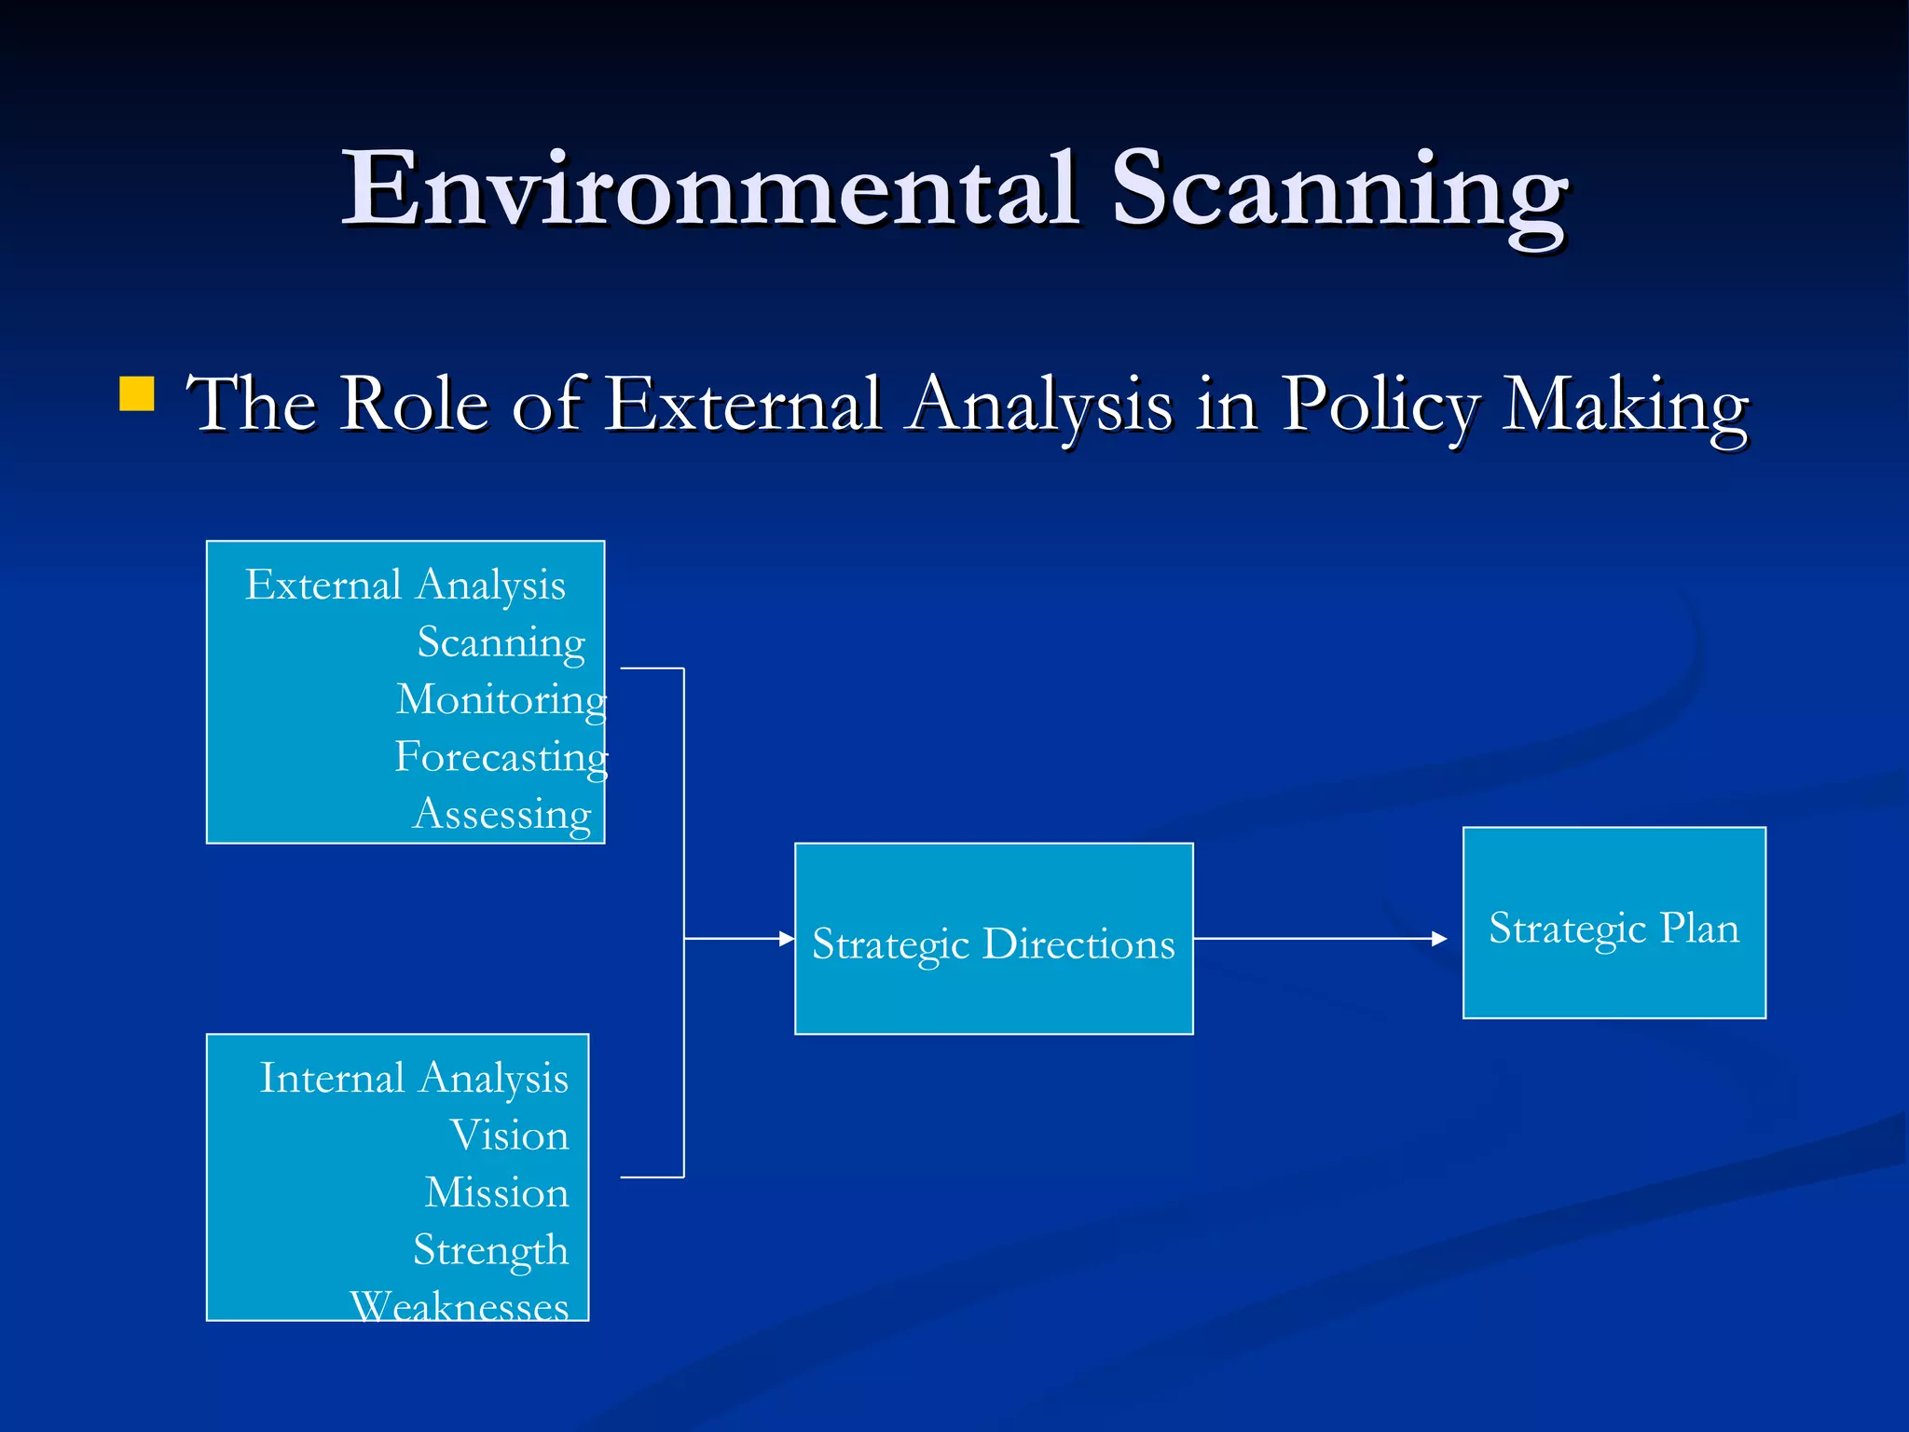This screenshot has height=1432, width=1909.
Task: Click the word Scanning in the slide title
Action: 1339,192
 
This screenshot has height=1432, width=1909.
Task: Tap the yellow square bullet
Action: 137,393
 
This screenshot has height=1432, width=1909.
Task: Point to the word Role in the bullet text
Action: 414,405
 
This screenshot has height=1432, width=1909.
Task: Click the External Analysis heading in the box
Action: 405,585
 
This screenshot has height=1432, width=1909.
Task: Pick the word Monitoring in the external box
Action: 501,700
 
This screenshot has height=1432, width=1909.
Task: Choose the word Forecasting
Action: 501,757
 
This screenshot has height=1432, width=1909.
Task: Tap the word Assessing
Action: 501,814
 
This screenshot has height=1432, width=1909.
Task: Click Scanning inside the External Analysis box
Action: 501,642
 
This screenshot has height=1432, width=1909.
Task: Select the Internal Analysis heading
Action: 414,1079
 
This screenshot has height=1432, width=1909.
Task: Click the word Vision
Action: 509,1136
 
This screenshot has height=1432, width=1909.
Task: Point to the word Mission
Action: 497,1192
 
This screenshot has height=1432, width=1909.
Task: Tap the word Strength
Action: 490,1250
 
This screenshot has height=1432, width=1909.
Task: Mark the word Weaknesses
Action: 459,1306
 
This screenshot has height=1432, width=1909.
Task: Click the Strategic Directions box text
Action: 994,944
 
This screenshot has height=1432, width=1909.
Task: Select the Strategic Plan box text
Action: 1614,929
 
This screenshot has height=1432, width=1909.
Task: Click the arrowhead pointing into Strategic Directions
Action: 787,938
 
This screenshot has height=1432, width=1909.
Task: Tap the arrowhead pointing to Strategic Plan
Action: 1439,939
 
